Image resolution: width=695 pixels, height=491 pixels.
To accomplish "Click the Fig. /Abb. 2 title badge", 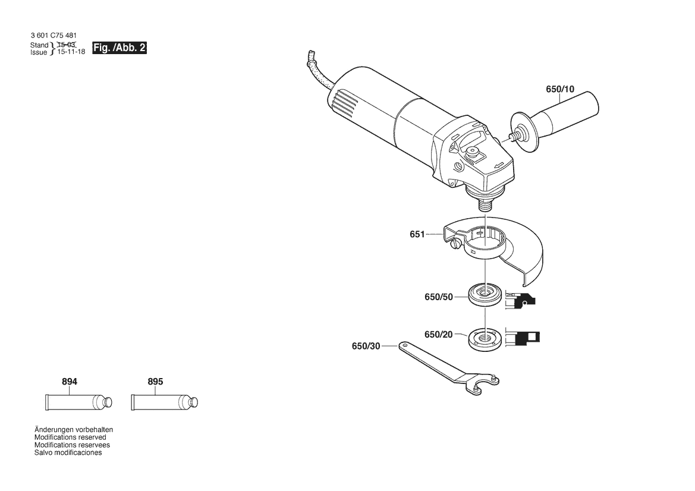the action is pyautogui.click(x=119, y=48).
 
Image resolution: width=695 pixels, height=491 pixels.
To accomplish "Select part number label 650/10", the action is pyautogui.click(x=560, y=89).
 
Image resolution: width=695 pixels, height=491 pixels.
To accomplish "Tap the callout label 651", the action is pyautogui.click(x=417, y=234).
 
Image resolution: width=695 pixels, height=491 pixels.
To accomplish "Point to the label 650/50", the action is pyautogui.click(x=438, y=297).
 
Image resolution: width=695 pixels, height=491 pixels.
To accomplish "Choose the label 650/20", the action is pyautogui.click(x=438, y=335).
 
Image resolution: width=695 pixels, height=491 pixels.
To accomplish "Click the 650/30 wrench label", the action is pyautogui.click(x=366, y=346).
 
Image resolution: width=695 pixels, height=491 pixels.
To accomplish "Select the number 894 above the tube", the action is pyautogui.click(x=70, y=382).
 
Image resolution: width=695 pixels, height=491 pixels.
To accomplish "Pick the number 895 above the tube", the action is pyautogui.click(x=155, y=382).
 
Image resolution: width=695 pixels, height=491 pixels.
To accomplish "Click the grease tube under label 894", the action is pyautogui.click(x=79, y=402).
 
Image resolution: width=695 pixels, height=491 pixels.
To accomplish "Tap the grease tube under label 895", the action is pyautogui.click(x=165, y=402).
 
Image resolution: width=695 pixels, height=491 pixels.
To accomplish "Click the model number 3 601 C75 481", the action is pyautogui.click(x=54, y=36).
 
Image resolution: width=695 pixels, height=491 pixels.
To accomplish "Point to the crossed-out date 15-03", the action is pyautogui.click(x=67, y=45).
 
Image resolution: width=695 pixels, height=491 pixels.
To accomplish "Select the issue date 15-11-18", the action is pyautogui.click(x=71, y=52).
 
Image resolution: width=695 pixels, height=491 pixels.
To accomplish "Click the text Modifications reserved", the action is pyautogui.click(x=71, y=438).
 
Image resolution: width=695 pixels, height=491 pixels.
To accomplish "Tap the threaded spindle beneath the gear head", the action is pyautogui.click(x=485, y=206).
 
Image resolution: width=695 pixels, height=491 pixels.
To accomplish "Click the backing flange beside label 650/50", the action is pyautogui.click(x=485, y=295).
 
